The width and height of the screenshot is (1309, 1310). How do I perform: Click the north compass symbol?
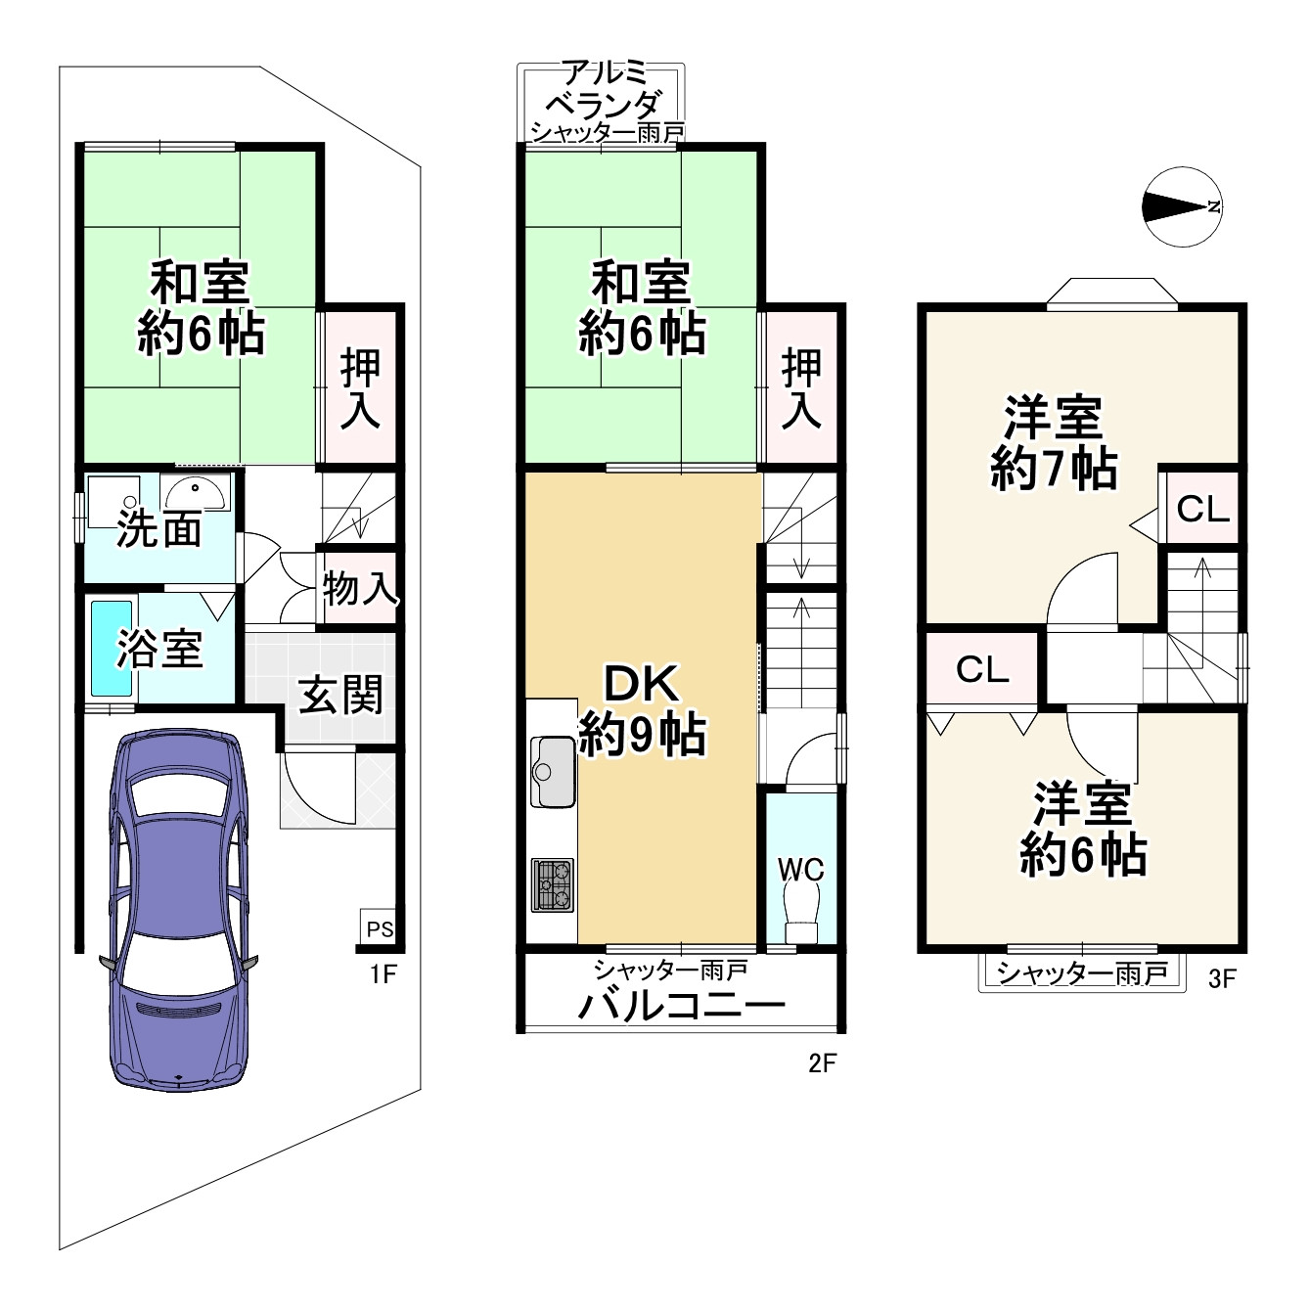click(x=1181, y=206)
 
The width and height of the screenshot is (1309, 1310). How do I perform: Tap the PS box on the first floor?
click(x=379, y=928)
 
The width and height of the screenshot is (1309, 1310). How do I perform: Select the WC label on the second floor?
click(x=800, y=869)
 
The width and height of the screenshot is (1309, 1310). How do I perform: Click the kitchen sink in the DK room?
click(x=554, y=769)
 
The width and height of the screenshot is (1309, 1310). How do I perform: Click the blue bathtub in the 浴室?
click(x=105, y=648)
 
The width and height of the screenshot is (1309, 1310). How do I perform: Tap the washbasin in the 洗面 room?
click(x=198, y=494)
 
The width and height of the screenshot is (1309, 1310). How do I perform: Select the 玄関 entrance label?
click(x=339, y=695)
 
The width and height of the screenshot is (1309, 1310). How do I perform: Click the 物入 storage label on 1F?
click(x=359, y=589)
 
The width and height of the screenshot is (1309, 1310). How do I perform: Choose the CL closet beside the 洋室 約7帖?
click(x=1201, y=509)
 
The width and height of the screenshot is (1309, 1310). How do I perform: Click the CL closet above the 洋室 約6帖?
click(x=981, y=669)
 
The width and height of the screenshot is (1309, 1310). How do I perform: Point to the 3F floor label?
click(x=1221, y=978)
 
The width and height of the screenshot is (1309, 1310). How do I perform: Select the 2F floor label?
click(x=823, y=1062)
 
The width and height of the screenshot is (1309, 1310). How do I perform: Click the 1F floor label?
click(x=383, y=973)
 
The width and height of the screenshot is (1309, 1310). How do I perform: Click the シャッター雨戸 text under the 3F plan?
click(x=1081, y=973)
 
